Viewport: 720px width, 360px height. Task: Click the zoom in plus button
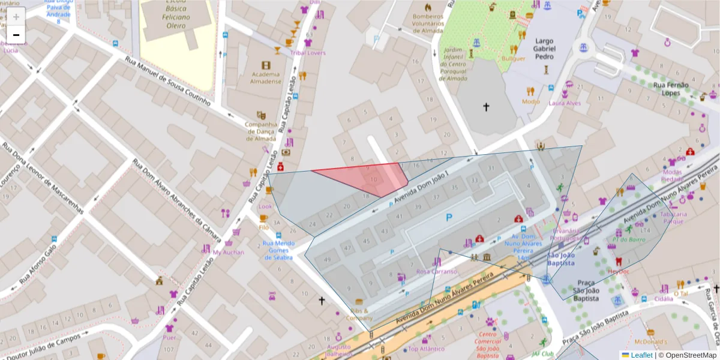16,16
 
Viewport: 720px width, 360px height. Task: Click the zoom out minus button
16,35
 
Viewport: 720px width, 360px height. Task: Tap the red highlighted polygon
366,178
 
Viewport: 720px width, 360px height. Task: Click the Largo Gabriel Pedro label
544,49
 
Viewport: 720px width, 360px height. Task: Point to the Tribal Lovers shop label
308,53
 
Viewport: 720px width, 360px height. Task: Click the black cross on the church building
486,107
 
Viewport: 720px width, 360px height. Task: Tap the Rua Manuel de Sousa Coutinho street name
167,81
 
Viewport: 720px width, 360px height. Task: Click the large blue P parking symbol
448,218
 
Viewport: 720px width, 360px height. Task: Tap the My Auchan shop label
229,252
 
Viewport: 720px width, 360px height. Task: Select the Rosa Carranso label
436,271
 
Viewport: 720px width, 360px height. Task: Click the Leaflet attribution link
641,355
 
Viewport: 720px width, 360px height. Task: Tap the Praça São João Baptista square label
586,290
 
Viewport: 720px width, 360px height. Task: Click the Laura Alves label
565,103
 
